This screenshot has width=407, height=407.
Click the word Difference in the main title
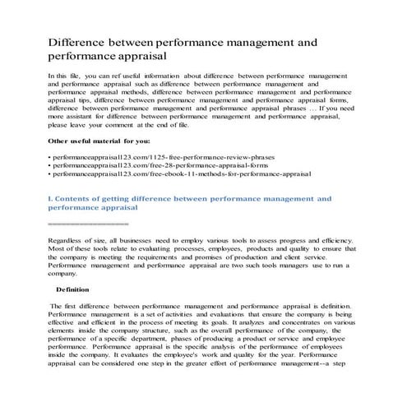(x=81, y=39)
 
